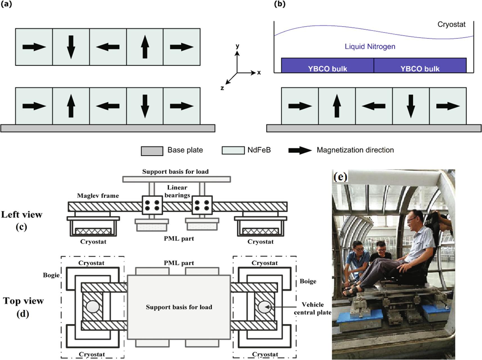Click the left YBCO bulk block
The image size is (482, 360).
tap(327, 66)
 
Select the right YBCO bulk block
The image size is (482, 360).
tap(420, 66)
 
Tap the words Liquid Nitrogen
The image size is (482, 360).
tap(370, 46)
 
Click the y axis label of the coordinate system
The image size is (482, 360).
tap(237, 46)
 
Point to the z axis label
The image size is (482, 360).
tap(222, 88)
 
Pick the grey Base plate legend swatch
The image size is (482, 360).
tap(152, 151)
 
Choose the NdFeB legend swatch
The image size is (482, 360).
tap(233, 150)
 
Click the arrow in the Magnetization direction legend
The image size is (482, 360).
tap(300, 150)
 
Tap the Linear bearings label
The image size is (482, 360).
tap(177, 191)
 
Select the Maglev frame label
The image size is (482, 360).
tap(98, 196)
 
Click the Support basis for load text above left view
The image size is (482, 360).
tap(175, 172)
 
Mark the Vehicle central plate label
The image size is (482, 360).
tap(313, 308)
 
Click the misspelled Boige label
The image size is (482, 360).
tap(308, 281)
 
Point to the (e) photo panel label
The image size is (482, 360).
tap(340, 177)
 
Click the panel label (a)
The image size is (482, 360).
tap(6, 4)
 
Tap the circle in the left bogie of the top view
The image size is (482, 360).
tap(93, 307)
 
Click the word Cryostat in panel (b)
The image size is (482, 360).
tap(451, 24)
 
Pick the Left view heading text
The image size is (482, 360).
tap(22, 215)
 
